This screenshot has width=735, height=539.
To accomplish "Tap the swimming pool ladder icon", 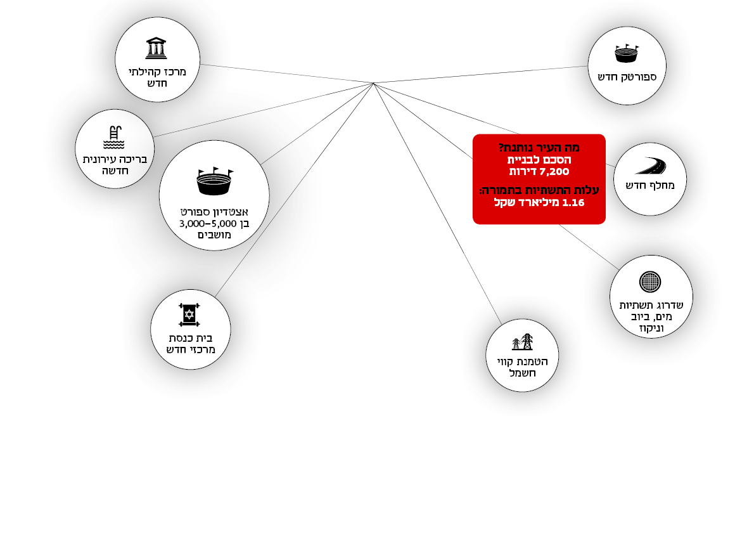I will point(114,138).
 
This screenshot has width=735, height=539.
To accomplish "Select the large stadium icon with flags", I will point(215,181).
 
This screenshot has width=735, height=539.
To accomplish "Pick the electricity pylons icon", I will point(522,342).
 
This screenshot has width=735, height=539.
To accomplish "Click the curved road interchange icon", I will point(650,166).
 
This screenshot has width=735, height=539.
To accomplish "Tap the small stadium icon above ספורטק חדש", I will point(626,53).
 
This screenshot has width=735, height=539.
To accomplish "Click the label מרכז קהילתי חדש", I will point(157,77).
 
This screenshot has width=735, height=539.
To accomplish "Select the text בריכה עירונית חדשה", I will point(115,165).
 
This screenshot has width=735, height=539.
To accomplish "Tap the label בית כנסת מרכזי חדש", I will point(190,343).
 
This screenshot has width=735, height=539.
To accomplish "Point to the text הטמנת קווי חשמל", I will point(522,367).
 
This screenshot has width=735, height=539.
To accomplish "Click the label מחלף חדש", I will point(650,186).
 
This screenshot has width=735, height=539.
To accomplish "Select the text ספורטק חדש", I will point(626,77).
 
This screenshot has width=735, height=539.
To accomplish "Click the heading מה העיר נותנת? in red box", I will point(539,148).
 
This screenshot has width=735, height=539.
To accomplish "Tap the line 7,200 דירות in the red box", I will point(539,171).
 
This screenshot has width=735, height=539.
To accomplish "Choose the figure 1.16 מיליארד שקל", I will point(539,202).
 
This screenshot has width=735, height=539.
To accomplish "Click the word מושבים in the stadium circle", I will point(214,235).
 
